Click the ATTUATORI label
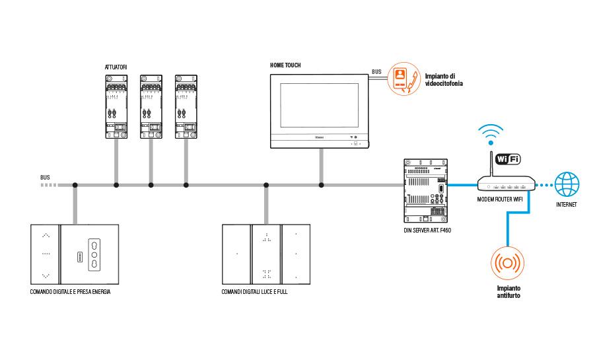click(x=116, y=67)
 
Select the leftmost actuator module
click(x=116, y=106)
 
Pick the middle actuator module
click(x=151, y=106)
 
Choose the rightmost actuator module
click(x=186, y=106)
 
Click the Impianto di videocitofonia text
click(x=444, y=80)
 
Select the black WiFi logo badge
click(x=507, y=159)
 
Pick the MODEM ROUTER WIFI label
click(x=505, y=198)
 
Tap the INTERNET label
click(x=566, y=205)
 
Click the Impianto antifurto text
click(x=509, y=292)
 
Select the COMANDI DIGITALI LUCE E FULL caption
click(x=255, y=291)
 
